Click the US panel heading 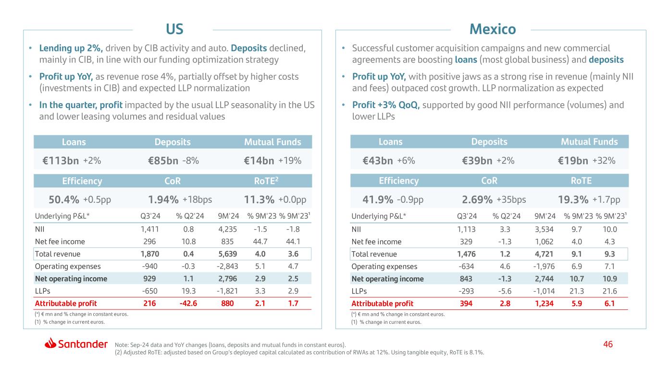(x=174, y=29)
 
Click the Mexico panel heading (x=492, y=29)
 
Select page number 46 (x=608, y=344)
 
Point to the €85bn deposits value (x=163, y=161)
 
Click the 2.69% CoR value (x=477, y=199)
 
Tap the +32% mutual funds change (x=604, y=161)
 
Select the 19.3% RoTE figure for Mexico (x=575, y=199)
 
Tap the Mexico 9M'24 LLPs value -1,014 (x=542, y=291)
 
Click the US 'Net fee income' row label (x=60, y=241)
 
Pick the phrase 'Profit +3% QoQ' (x=386, y=105)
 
